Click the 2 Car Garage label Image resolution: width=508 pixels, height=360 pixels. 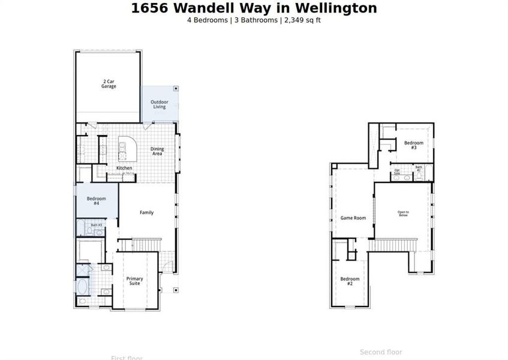109,83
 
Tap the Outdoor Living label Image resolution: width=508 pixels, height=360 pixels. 158,104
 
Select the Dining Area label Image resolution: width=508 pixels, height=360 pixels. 157,151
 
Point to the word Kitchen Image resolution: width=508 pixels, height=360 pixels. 124,168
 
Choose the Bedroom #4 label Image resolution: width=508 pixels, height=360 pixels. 96,201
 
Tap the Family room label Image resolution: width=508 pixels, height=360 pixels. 146,212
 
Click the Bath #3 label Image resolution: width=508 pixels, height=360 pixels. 96,225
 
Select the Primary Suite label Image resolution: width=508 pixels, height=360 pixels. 134,281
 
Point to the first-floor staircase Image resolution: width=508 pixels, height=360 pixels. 146,244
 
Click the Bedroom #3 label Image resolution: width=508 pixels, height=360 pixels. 413,145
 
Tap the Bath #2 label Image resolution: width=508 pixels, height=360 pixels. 419,169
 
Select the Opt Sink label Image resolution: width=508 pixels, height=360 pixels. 397,172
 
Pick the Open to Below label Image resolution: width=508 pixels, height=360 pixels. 403,213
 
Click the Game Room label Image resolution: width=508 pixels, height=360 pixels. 353,218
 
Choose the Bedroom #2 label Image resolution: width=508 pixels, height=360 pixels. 350,281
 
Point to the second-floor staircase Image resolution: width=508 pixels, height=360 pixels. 392,245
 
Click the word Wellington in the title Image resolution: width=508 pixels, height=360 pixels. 340,8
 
